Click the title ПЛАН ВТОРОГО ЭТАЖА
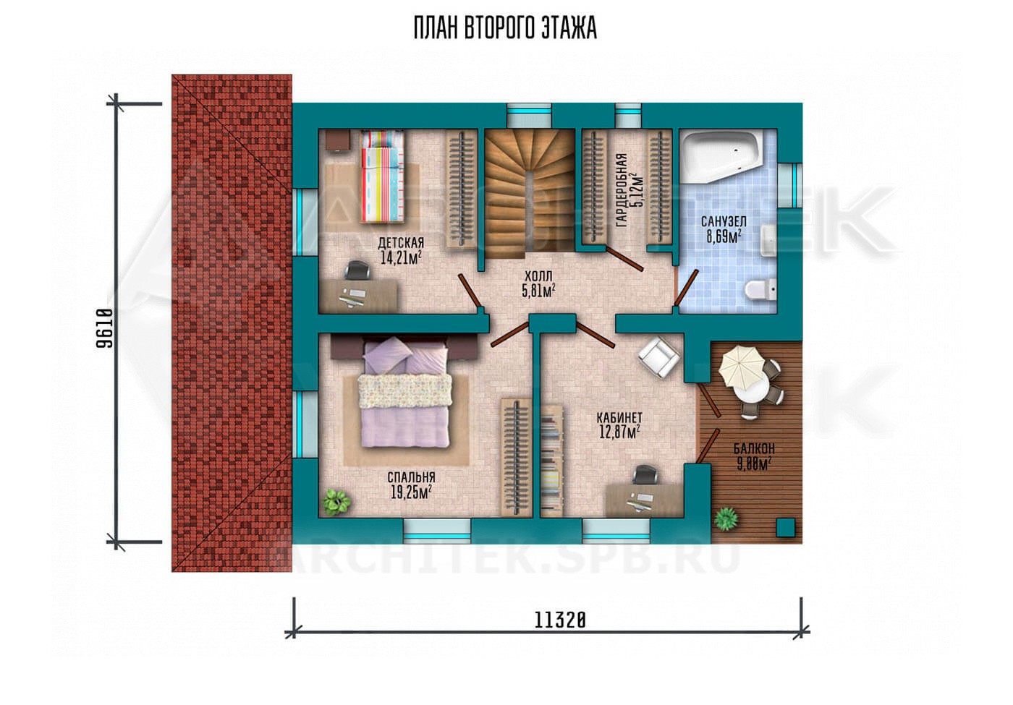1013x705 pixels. pyautogui.click(x=505, y=28)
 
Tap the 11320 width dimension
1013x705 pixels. pyautogui.click(x=560, y=620)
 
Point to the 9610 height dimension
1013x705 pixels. pyautogui.click(x=104, y=328)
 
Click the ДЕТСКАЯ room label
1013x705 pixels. pyautogui.click(x=401, y=243)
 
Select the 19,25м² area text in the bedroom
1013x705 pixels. pyautogui.click(x=411, y=492)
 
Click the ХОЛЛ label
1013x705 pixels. pyautogui.click(x=538, y=275)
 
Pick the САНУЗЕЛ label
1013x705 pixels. pyautogui.click(x=724, y=222)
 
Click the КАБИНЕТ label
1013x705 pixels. pyautogui.click(x=619, y=417)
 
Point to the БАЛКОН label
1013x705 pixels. pyautogui.click(x=754, y=449)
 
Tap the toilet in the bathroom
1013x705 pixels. pyautogui.click(x=760, y=290)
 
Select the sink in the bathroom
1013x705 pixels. pyautogui.click(x=768, y=240)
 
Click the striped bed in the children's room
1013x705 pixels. pyautogui.click(x=383, y=176)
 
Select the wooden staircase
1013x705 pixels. pyautogui.click(x=530, y=194)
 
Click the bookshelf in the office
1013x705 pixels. pyautogui.click(x=552, y=461)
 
